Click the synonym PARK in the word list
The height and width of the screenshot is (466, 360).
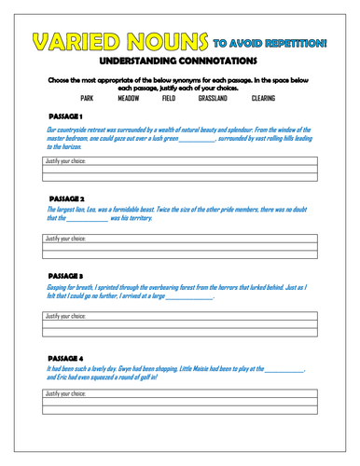(x=88, y=97)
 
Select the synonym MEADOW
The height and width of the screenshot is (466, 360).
(x=129, y=97)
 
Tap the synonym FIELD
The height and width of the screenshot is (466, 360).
(x=169, y=97)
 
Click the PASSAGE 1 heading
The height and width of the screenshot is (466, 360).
(x=66, y=116)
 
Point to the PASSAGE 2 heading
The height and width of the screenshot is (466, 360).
(x=66, y=199)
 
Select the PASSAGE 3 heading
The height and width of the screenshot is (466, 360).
(x=66, y=277)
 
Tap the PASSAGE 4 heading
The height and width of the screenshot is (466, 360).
(x=66, y=357)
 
